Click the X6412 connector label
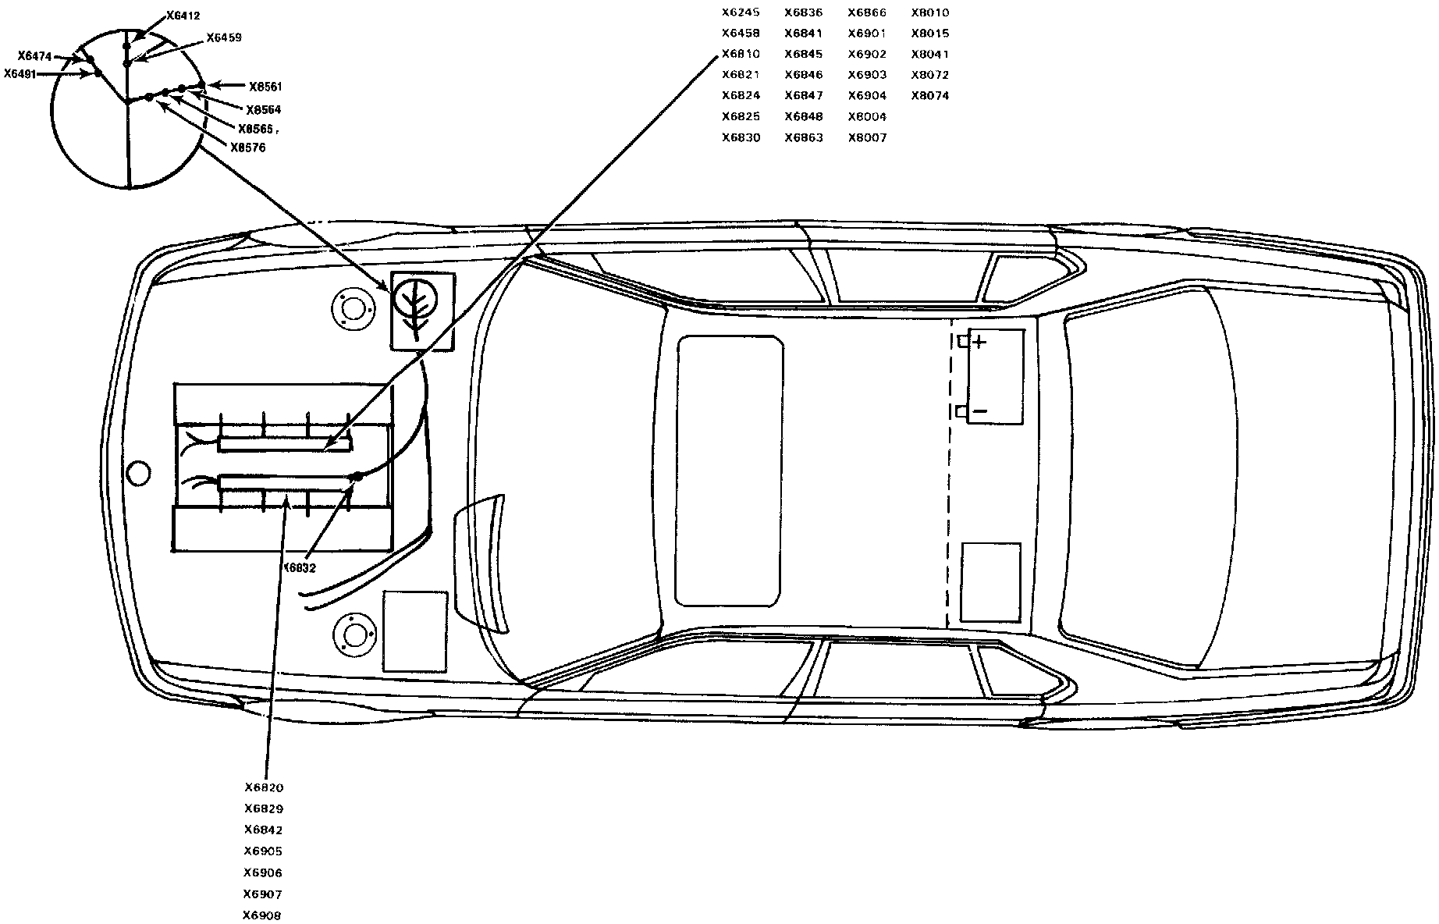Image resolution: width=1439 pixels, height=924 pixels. point(183,16)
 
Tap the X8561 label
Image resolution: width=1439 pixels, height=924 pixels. point(265,87)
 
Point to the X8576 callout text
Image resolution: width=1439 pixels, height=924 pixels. point(248,147)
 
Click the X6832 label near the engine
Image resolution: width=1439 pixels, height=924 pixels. point(299,568)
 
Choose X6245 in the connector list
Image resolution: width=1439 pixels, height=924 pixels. point(741,12)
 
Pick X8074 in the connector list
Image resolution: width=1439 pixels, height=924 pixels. point(930,96)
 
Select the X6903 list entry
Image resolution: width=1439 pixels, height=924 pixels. point(867,75)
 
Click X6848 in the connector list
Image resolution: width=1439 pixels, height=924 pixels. point(804,117)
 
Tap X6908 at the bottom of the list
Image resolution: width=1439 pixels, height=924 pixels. point(262,915)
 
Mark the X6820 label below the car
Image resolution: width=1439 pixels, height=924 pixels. point(263,788)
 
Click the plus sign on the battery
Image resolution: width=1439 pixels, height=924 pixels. point(979,342)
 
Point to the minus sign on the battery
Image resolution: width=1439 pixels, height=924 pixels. point(981,411)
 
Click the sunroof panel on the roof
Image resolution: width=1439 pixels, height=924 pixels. point(730,471)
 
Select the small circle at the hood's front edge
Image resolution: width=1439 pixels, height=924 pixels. point(138,473)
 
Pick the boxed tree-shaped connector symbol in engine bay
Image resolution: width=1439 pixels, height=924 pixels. point(422,309)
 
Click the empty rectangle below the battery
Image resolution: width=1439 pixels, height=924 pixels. point(991,582)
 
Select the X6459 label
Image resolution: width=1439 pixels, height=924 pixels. point(224,37)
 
